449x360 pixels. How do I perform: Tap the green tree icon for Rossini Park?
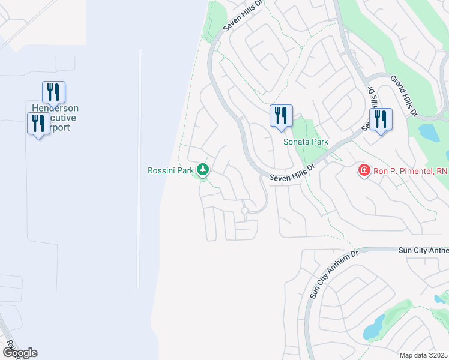click(x=203, y=170)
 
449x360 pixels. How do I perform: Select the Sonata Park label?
click(x=306, y=142)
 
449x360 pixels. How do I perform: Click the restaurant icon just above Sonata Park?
click(x=281, y=116)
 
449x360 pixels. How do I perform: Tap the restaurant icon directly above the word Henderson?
click(x=53, y=92)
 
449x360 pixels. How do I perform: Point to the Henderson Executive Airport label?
click(x=55, y=118)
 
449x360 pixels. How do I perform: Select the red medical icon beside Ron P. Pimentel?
click(x=364, y=171)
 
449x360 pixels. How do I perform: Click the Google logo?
click(x=20, y=352)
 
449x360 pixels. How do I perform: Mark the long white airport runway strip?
click(x=139, y=168)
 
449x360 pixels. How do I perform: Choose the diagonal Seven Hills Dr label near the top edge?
click(x=243, y=15)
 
